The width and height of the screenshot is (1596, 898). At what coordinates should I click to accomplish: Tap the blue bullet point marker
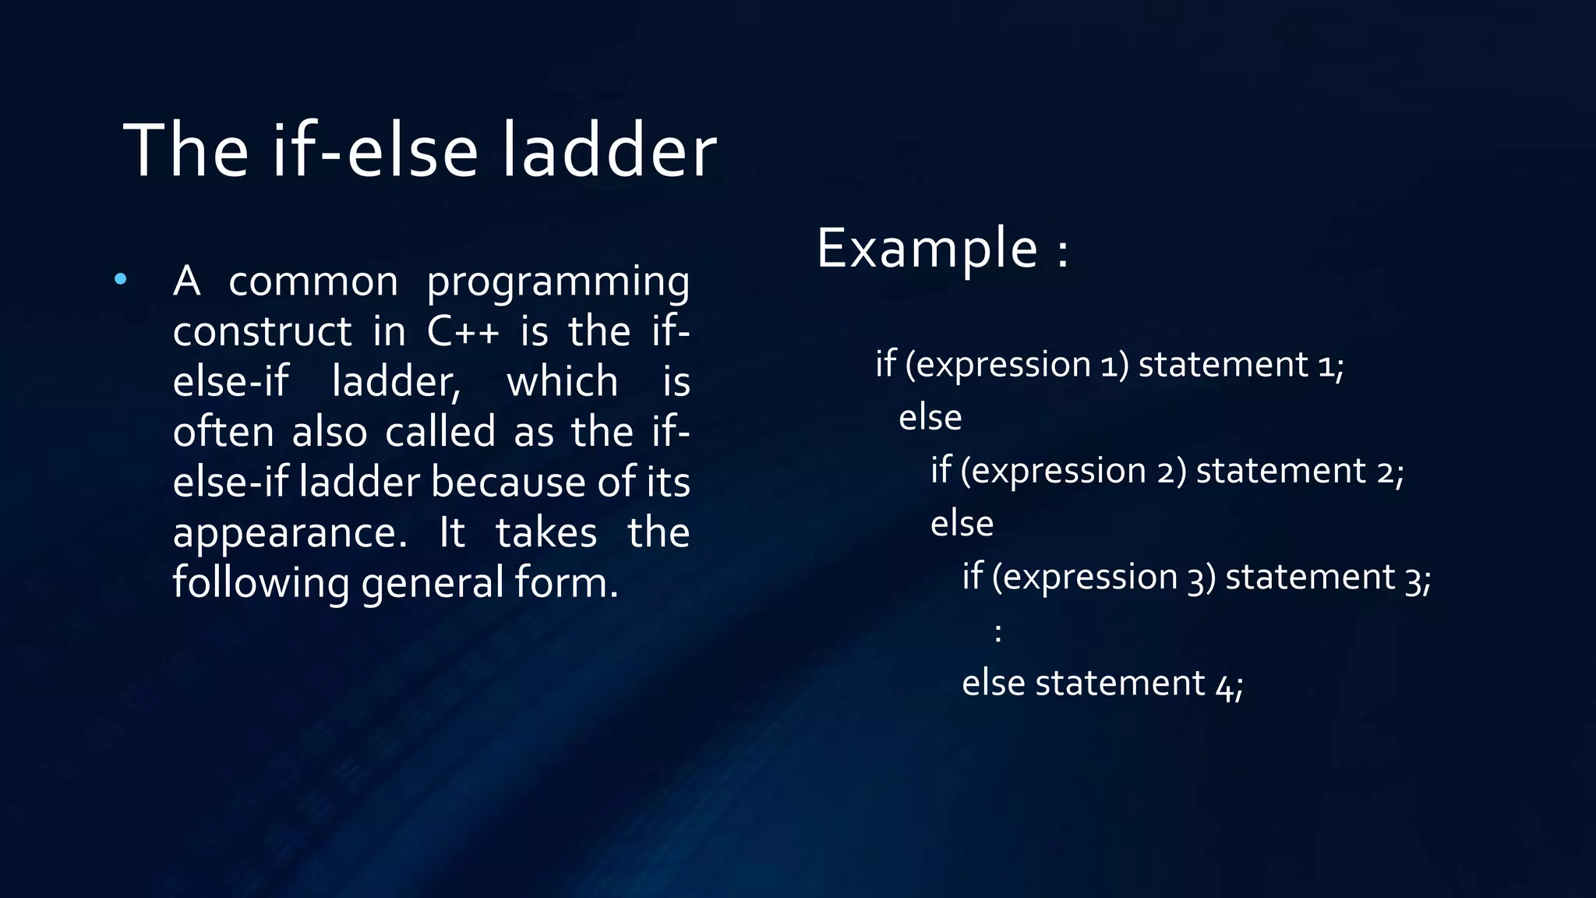pos(120,279)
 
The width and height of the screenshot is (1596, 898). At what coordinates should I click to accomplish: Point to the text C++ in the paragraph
pos(463,331)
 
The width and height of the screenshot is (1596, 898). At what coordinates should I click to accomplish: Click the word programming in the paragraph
pos(558,282)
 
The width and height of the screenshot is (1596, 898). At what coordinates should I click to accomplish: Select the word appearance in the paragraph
pos(289,534)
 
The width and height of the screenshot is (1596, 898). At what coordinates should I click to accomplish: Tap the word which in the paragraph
pos(562,382)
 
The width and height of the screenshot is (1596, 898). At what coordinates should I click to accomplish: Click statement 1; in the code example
pos(1241,365)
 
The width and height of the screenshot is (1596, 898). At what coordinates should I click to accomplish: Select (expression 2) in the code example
pos(1073,471)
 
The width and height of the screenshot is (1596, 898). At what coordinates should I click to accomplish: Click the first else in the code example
pos(930,418)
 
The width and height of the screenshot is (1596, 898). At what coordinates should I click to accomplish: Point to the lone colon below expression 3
pos(998,631)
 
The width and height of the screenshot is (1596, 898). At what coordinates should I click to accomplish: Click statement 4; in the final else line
pos(1139,684)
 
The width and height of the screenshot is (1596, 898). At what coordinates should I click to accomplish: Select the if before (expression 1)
pos(885,364)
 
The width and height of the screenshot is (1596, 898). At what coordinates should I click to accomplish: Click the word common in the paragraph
pos(313,282)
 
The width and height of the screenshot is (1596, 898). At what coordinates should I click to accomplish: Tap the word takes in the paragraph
pos(546,534)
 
